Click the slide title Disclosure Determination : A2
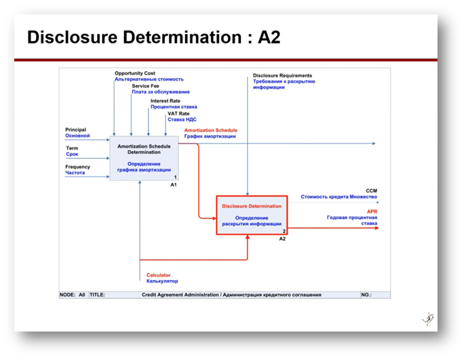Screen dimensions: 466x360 153,37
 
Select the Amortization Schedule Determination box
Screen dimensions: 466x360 144,158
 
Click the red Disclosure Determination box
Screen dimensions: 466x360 252,214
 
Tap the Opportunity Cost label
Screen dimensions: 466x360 135,73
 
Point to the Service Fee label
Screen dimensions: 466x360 147,86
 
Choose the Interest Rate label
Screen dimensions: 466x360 166,100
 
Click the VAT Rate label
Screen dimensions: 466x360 178,113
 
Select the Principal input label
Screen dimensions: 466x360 76,129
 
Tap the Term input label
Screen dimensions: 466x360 71,148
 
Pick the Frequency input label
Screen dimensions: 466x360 77,167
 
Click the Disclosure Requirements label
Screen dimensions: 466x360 282,75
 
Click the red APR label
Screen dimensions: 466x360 372,212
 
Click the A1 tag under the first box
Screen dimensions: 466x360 174,184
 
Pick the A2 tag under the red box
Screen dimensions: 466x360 282,239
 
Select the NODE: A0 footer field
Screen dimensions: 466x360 73,295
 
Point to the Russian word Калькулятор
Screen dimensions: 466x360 162,281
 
